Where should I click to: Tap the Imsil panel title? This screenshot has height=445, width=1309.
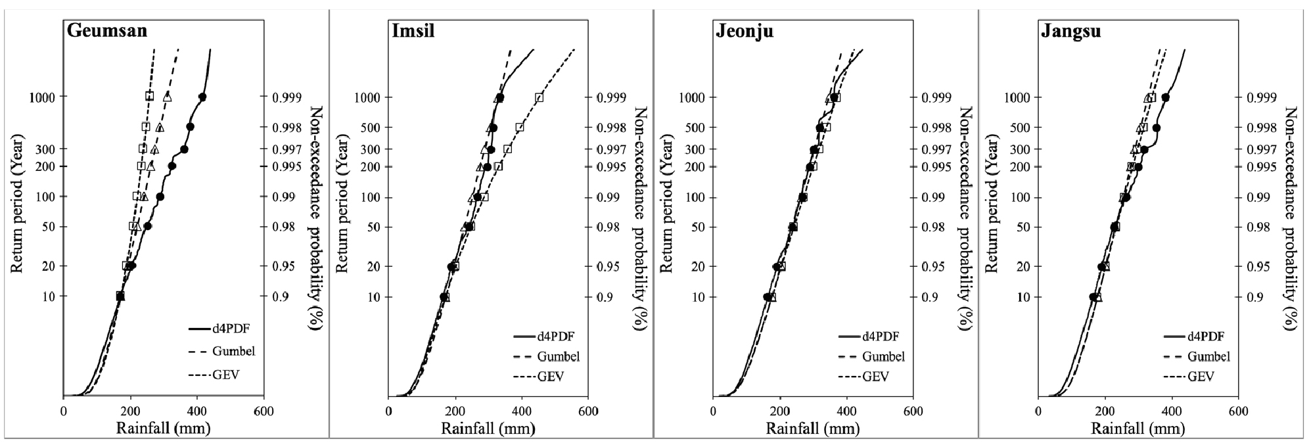click(413, 31)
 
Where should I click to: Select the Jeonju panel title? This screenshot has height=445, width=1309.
click(744, 31)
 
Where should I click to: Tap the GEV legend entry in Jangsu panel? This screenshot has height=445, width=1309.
click(1200, 377)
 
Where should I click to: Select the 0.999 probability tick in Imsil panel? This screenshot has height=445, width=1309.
click(610, 97)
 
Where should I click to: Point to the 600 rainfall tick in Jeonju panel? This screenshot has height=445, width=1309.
click(913, 411)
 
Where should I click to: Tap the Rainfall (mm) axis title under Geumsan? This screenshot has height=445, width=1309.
click(163, 429)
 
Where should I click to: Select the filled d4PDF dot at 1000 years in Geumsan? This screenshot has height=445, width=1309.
click(202, 97)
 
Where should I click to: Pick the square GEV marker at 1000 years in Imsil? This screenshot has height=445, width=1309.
click(539, 97)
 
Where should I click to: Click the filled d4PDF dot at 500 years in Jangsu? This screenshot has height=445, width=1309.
click(1157, 128)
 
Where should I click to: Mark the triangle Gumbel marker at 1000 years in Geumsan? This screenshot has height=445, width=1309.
click(167, 97)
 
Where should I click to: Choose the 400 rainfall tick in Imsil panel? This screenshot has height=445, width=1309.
click(522, 411)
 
